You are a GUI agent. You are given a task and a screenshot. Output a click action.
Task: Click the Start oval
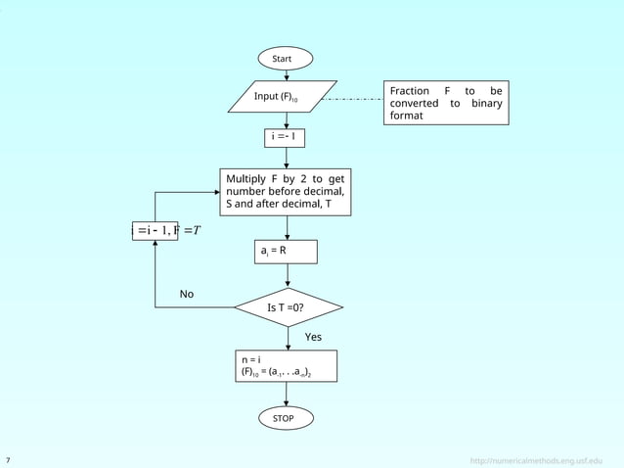286,59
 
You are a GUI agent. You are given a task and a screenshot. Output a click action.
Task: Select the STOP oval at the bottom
286,418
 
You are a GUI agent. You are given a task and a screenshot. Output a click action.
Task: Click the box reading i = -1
286,137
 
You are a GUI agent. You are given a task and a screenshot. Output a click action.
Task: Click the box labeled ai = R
286,251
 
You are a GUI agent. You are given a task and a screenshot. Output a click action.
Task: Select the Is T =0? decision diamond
289,307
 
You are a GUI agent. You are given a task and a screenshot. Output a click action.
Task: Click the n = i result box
286,365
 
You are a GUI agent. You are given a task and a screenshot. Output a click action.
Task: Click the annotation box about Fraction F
446,103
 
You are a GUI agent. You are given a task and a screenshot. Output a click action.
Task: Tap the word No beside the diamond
186,294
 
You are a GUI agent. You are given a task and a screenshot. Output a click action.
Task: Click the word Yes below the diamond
313,337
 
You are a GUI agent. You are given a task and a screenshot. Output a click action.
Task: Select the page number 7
9,459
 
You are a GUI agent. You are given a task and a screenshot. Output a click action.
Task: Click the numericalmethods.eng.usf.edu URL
536,459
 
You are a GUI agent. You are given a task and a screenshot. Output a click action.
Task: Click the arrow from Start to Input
286,75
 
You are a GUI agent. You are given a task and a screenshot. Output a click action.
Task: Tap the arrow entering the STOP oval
286,396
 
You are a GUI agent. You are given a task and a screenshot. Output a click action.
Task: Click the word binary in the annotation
486,104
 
